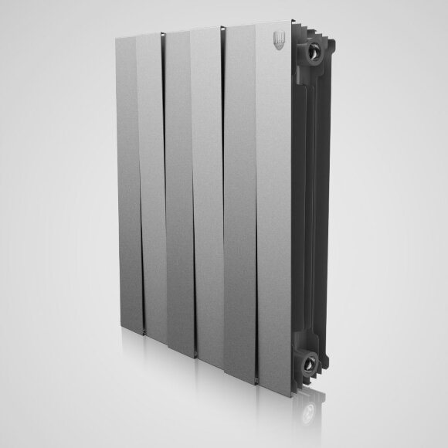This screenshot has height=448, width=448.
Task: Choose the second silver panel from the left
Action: (152, 185)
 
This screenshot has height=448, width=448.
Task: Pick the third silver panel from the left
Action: (179, 193)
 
